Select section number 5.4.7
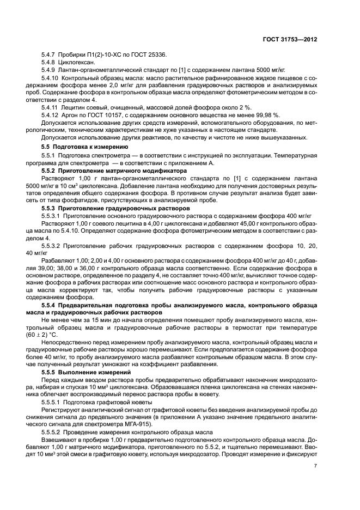[x=50, y=56]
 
